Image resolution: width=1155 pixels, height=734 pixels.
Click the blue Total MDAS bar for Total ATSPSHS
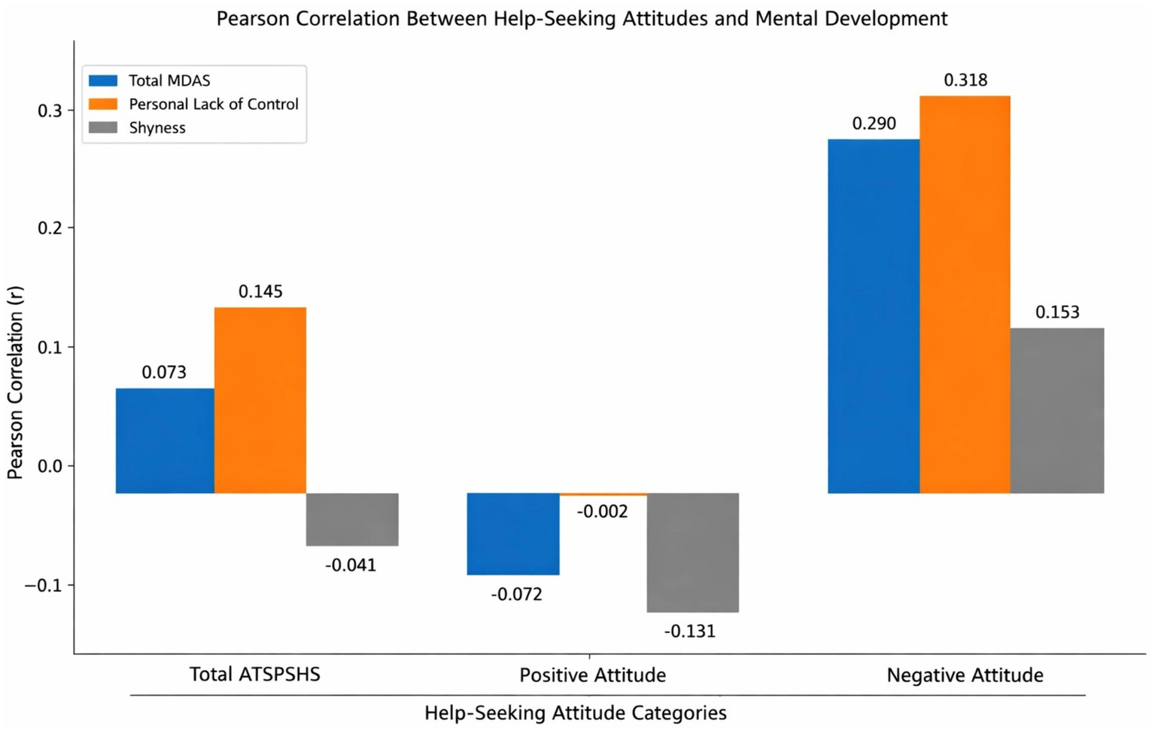click(165, 441)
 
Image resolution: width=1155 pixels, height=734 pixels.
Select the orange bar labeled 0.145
click(260, 401)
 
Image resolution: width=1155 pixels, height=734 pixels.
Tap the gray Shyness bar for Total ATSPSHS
click(352, 519)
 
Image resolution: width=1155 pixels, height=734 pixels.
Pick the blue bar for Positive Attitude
click(513, 534)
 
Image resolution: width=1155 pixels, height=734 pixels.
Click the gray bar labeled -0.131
click(692, 553)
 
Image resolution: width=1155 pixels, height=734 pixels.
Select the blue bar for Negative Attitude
click(874, 316)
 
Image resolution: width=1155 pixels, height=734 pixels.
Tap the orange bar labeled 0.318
click(965, 294)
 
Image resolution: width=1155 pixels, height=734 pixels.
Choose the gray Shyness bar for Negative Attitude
click(1057, 410)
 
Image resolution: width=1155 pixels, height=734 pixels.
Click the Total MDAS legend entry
click(169, 81)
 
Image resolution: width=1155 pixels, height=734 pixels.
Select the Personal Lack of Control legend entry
click(213, 104)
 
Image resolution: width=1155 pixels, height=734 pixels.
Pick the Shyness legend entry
click(157, 128)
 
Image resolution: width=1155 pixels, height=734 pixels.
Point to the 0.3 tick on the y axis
click(50, 111)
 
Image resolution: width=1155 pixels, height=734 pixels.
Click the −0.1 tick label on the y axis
click(45, 586)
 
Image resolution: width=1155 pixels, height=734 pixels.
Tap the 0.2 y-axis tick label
click(50, 228)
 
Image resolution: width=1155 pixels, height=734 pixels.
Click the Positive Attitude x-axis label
click(592, 675)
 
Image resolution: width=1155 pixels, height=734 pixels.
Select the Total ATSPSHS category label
click(254, 674)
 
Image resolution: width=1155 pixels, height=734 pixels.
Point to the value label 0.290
click(874, 123)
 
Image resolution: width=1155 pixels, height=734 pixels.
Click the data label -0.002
click(602, 512)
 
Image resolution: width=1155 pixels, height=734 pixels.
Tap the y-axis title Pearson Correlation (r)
click(16, 382)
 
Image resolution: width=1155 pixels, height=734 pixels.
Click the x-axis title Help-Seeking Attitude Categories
click(576, 713)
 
